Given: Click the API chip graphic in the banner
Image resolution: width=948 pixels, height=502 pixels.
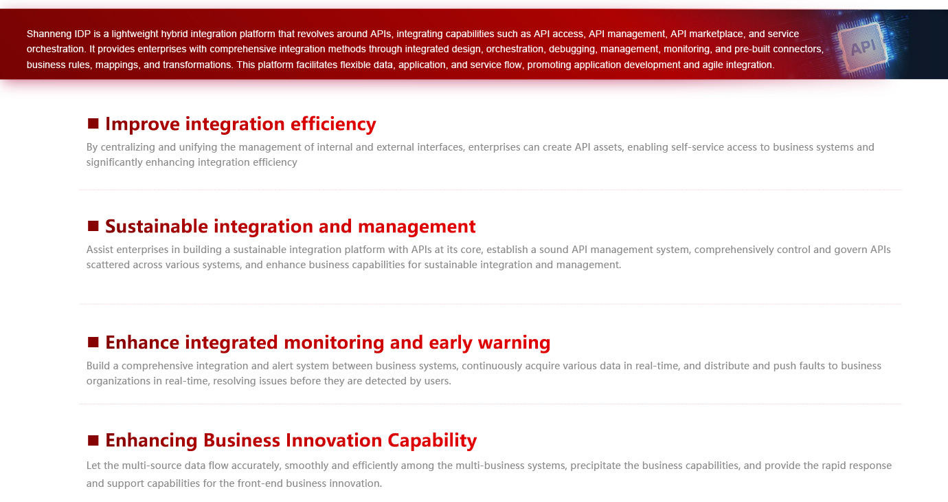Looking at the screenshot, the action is tap(864, 47).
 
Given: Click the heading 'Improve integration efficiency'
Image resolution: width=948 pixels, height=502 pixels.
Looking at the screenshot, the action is tap(240, 124).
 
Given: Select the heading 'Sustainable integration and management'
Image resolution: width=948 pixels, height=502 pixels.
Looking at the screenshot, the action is tap(291, 226).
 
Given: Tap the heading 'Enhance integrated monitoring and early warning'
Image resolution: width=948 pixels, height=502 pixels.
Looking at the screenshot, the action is tap(328, 342).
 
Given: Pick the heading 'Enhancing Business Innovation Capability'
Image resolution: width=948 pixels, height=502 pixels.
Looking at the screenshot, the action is tap(291, 441).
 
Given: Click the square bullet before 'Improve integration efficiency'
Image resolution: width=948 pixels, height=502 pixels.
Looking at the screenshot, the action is tap(93, 124).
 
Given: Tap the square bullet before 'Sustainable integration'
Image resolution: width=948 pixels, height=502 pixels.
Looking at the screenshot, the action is tap(93, 226).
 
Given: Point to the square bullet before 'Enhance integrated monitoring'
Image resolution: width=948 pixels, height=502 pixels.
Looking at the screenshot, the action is tap(93, 342).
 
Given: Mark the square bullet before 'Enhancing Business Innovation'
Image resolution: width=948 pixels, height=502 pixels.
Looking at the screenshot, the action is tap(93, 441).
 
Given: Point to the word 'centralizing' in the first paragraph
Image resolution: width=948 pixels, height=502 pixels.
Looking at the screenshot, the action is tap(128, 147).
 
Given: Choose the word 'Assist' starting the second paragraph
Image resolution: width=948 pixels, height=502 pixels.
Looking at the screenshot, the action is tap(100, 250).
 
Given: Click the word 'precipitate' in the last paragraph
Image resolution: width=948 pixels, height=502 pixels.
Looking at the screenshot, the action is tap(595, 466).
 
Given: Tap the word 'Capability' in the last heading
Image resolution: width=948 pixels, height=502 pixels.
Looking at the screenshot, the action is tap(432, 441).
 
